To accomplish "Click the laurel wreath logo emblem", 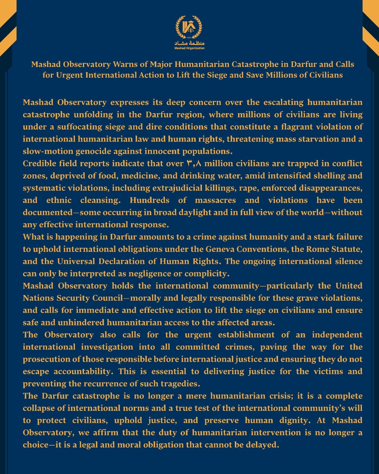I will [189, 27].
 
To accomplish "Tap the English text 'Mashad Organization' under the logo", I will [189, 48].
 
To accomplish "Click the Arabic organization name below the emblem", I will [189, 43].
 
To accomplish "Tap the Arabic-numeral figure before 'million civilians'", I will [194, 164].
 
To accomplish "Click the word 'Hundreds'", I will [149, 200].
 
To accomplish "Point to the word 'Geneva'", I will [220, 249].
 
